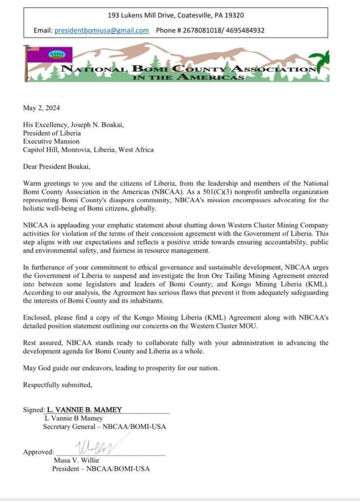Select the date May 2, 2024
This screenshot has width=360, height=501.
coord(41,108)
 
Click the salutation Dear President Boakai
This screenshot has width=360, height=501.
coord(58,166)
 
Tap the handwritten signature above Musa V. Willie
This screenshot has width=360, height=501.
coord(101,447)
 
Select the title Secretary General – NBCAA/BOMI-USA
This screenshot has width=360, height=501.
coord(104,427)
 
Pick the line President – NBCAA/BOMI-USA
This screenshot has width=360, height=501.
coord(101,469)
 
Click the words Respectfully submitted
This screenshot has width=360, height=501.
coord(57,385)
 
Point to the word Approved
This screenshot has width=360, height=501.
coord(38,452)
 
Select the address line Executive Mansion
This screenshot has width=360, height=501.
coord(51,141)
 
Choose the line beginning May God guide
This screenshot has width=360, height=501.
coord(122,368)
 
